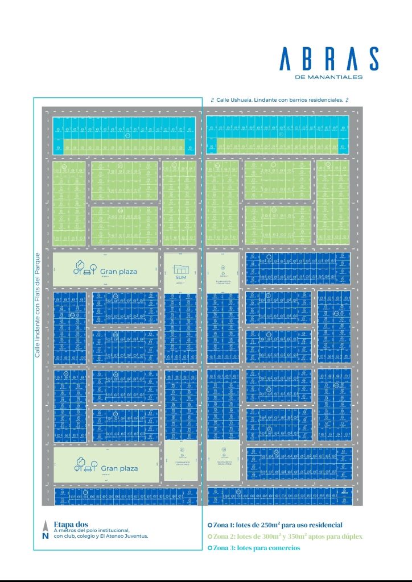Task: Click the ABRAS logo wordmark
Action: pos(329,59)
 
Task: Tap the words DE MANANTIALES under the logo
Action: pos(329,77)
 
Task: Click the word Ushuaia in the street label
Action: pos(237,99)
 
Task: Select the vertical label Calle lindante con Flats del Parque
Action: pos(38,304)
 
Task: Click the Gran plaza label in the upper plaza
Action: pos(118,271)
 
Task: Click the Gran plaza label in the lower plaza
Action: pos(119,468)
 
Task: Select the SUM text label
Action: pos(180,277)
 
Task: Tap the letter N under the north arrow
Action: pos(45,535)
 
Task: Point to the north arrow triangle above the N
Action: pos(45,526)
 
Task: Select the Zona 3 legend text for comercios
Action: pos(256,548)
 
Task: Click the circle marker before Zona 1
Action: pos(210,525)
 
